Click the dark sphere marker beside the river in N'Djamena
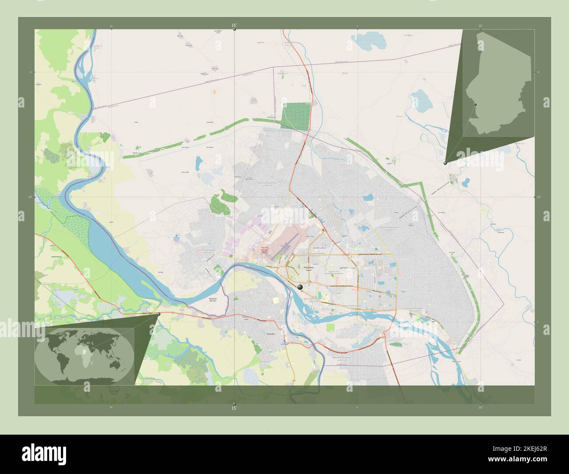pyautogui.click(x=300, y=287)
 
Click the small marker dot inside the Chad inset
pyautogui.click(x=475, y=105)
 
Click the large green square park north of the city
pyautogui.click(x=295, y=116)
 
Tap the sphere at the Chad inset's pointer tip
pyautogui.click(x=446, y=163)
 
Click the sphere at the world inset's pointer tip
pyautogui.click(x=158, y=314)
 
